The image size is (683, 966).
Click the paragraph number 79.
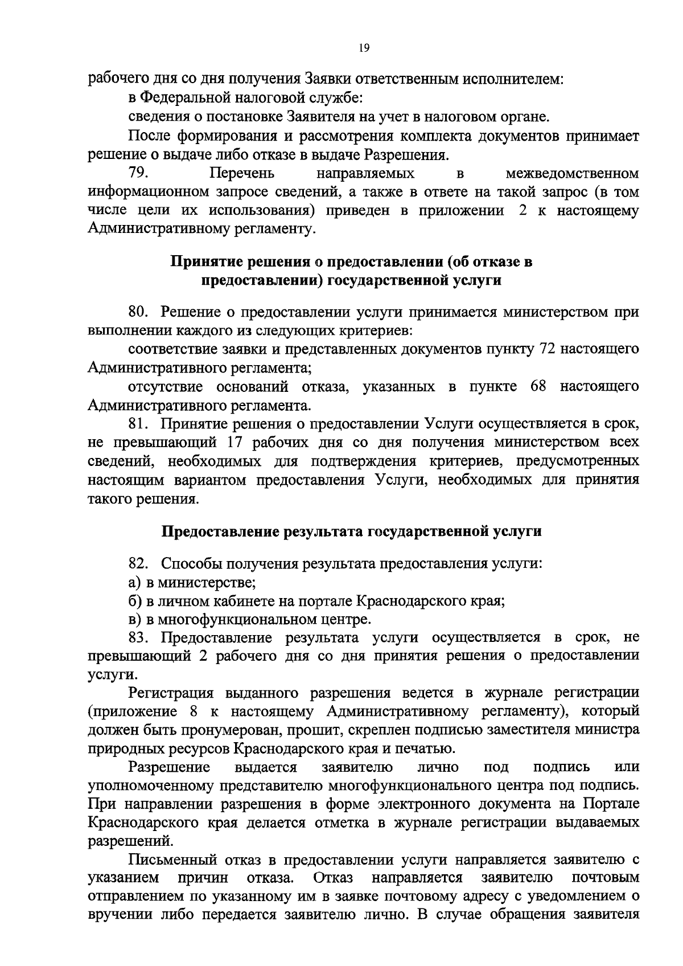[x=139, y=173]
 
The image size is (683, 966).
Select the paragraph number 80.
[x=139, y=312]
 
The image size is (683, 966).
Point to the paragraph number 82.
[x=139, y=564]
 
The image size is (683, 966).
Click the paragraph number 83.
[x=139, y=637]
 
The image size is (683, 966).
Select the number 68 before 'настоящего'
[x=538, y=387]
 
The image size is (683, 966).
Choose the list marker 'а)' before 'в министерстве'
[x=134, y=583]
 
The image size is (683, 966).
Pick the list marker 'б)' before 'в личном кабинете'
[x=134, y=601]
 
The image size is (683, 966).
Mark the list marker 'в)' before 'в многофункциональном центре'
[x=134, y=619]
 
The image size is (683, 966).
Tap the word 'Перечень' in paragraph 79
[x=242, y=173]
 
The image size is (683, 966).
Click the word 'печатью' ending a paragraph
[x=427, y=748]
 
